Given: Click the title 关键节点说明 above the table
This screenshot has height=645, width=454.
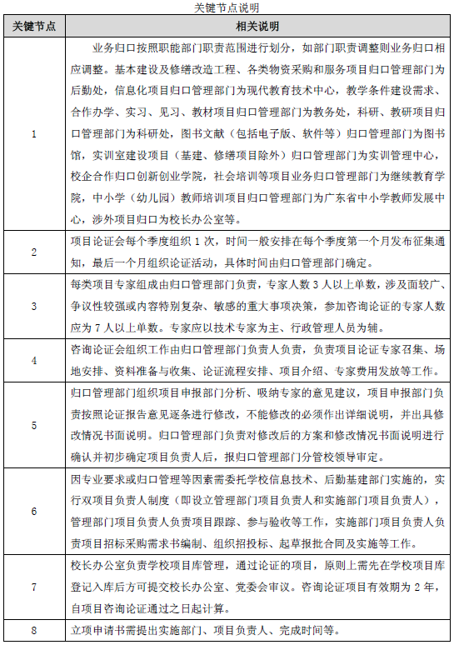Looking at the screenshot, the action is click(x=227, y=7).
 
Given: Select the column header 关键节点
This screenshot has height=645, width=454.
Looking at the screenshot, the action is click(x=34, y=26).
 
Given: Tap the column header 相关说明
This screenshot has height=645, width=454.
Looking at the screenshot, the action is click(x=257, y=26).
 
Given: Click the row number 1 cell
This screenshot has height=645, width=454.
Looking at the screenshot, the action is click(x=34, y=133).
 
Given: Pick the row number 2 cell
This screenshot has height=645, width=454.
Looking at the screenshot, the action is click(x=34, y=252).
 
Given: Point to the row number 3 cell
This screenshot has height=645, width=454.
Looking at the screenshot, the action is click(x=34, y=306).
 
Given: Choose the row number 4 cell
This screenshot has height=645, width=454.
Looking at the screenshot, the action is click(x=34, y=360).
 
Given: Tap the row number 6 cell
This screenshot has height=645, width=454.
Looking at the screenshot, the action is click(x=34, y=510).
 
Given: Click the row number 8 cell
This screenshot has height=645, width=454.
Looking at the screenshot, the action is click(x=34, y=629).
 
